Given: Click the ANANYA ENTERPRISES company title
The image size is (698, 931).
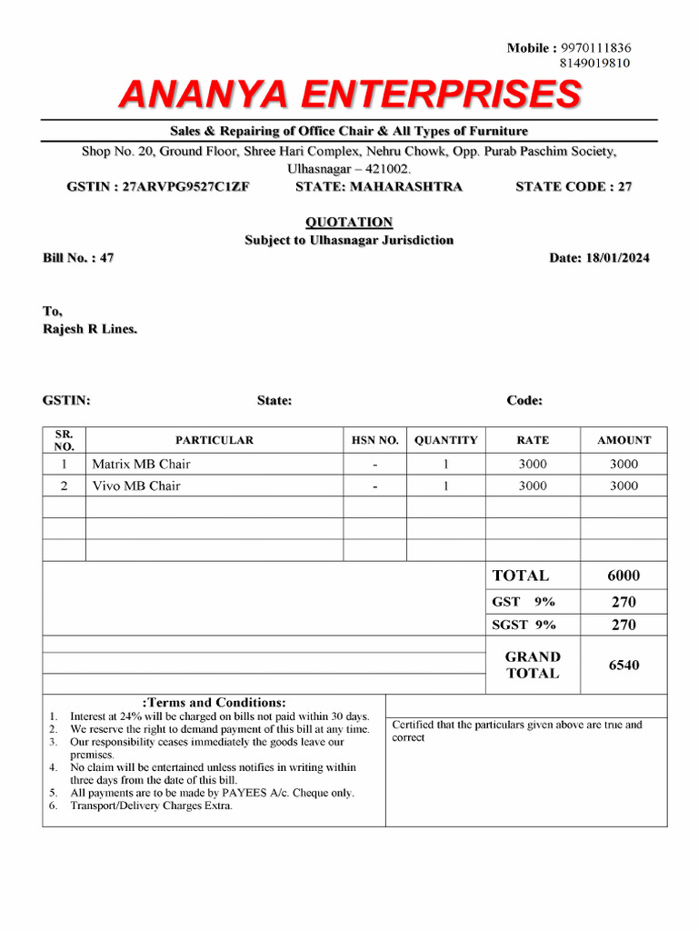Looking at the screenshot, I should pos(350,94).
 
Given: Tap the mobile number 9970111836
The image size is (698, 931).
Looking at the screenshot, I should pos(596,47).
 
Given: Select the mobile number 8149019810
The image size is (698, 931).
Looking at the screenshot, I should pos(596,63).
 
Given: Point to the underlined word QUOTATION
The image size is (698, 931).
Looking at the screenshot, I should pos(349,222).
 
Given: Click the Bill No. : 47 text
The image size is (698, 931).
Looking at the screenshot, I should pos(78,258).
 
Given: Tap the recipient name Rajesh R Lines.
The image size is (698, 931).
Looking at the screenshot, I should pos(91,328).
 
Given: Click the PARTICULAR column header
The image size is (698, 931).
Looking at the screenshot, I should pos(214,440).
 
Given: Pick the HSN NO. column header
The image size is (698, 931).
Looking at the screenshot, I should pos(374,440).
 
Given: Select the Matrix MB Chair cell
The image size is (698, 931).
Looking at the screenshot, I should pos(141,464).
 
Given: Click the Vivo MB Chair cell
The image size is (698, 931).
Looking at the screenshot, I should pos(136,486).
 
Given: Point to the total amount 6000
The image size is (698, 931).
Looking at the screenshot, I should pos(623,576).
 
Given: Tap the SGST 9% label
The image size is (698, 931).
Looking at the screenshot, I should pos(523,625).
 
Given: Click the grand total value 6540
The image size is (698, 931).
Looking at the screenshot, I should pos(623,665).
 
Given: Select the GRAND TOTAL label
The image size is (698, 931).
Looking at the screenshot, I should pos(533,665).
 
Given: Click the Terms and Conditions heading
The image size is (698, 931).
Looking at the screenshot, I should pos(214,702).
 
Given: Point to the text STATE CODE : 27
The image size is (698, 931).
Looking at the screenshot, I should pos(573,186).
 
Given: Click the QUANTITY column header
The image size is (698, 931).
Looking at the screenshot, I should pos(445,440).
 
